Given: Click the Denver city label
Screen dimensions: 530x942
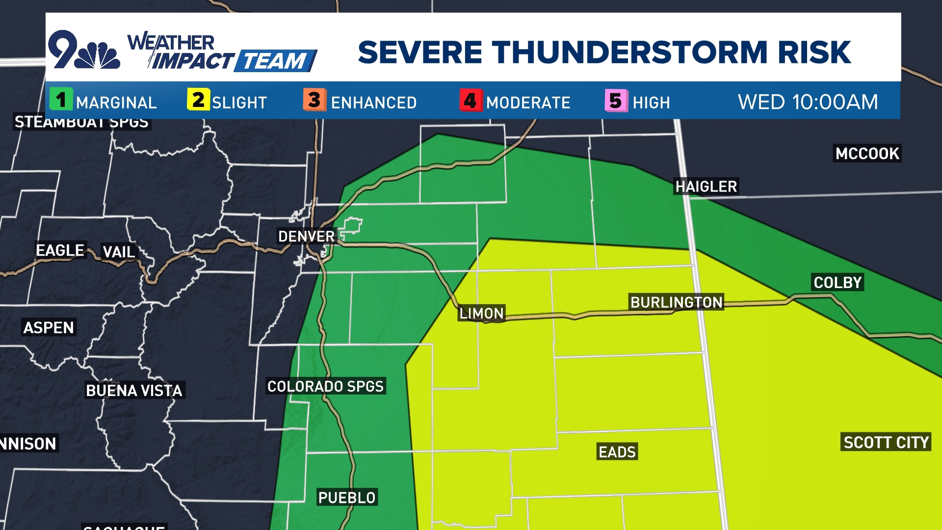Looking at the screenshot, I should point(306,237).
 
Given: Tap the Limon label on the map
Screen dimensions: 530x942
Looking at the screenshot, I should point(481,313).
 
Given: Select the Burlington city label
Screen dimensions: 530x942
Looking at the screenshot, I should point(676,302).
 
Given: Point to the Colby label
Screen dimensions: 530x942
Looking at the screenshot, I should point(837,283).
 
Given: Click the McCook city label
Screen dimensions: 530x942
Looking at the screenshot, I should point(867,154).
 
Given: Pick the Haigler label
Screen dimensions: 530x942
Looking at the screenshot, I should point(706,186).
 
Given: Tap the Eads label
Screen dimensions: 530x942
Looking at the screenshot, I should point(617,451).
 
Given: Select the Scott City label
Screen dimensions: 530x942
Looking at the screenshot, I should point(886,443).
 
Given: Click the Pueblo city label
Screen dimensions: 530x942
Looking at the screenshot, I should point(346,498).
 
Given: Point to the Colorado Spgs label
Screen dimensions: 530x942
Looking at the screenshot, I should point(325,386).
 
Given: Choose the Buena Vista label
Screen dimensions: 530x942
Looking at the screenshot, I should point(134,391).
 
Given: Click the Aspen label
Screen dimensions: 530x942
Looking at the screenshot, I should point(49,328).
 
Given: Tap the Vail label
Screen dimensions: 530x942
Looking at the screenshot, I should point(118,252).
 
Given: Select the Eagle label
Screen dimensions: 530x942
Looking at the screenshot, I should point(60,250).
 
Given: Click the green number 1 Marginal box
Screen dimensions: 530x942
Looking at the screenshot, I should point(61,100).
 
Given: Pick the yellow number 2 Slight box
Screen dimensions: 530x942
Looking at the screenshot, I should point(198,100).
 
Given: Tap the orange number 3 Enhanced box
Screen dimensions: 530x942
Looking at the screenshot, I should point(314,100).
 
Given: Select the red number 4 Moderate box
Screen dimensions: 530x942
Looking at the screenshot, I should point(470,100).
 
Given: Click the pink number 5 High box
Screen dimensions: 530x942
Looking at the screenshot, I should point(616,101).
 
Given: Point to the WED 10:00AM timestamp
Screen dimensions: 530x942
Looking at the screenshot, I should point(808,102).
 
